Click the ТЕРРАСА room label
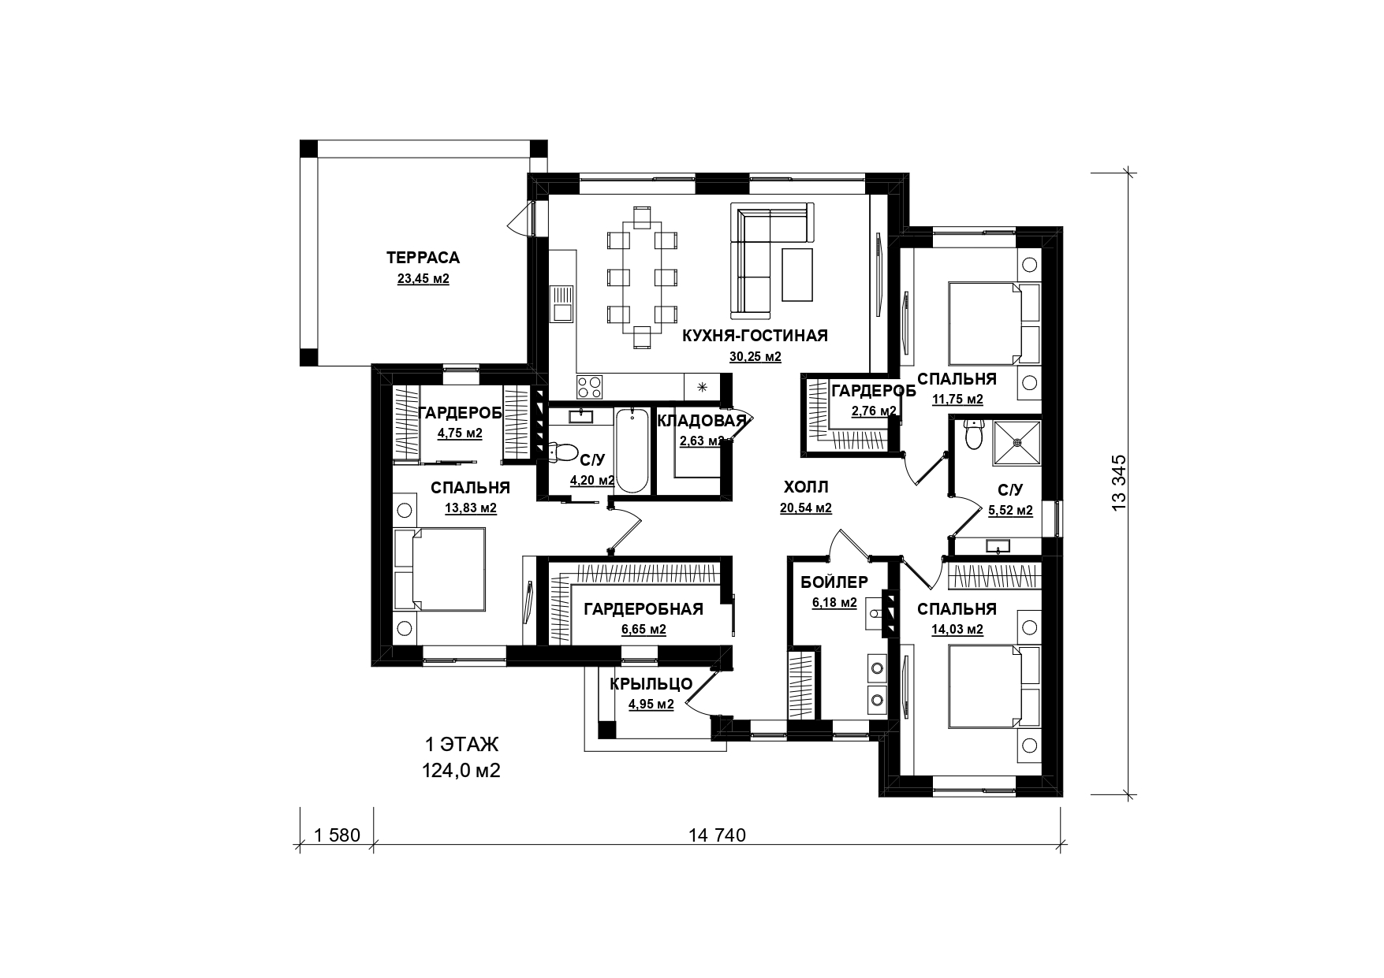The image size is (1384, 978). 423,258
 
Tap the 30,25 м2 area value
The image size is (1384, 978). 755,357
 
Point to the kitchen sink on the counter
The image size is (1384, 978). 562,304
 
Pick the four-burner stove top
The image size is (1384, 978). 590,386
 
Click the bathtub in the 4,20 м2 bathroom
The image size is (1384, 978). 632,450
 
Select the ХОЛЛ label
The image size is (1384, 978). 806,488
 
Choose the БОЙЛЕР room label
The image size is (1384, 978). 834,582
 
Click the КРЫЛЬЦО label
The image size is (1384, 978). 651,684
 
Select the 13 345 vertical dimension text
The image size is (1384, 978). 1118,483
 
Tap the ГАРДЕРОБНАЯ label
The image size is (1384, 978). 644,609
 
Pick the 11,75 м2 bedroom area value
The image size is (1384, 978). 957,399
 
